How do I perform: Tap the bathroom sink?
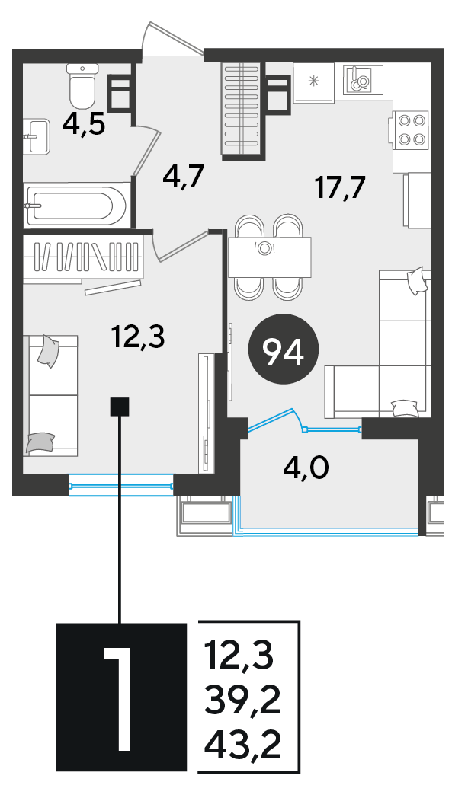[x=37, y=136]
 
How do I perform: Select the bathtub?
[x=76, y=206]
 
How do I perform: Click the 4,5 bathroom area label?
[x=84, y=124]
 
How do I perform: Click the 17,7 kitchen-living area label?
[x=340, y=188]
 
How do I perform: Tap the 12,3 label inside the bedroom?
[x=139, y=337]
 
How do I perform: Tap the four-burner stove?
[x=411, y=129]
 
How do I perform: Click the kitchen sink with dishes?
[x=364, y=79]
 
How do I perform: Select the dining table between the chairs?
[x=270, y=257]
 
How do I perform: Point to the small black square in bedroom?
[x=120, y=407]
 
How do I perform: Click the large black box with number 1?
[x=120, y=697]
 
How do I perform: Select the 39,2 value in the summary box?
[x=242, y=703]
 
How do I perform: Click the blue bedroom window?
[x=121, y=486]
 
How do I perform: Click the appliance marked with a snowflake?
[x=313, y=82]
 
